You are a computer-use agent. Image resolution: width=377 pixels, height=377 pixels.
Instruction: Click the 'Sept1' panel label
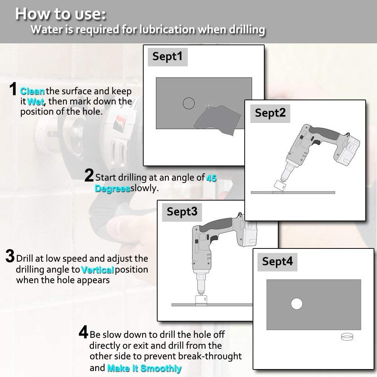click(x=167, y=57)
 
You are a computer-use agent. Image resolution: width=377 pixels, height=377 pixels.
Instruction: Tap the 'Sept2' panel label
click(x=270, y=113)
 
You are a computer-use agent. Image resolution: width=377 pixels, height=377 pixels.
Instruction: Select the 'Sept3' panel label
click(x=182, y=212)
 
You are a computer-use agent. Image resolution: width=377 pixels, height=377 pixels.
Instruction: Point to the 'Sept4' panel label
click(x=277, y=262)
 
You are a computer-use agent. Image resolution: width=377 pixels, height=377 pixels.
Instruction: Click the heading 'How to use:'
click(x=61, y=14)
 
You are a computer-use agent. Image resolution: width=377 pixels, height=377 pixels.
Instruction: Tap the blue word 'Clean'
click(x=32, y=91)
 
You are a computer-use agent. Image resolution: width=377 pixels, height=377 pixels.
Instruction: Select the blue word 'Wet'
click(x=35, y=102)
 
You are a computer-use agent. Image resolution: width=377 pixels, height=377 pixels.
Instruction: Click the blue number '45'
click(x=211, y=178)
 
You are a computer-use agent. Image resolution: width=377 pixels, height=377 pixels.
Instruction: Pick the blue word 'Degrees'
click(x=112, y=188)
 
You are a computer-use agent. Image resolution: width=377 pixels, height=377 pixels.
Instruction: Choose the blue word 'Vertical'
click(x=97, y=270)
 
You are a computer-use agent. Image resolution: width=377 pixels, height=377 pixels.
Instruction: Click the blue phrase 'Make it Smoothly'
click(x=144, y=368)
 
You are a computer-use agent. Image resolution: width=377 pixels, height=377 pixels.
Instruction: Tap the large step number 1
click(x=13, y=89)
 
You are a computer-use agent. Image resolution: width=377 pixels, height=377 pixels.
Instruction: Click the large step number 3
click(x=10, y=256)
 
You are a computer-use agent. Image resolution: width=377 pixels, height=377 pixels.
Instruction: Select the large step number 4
click(x=83, y=332)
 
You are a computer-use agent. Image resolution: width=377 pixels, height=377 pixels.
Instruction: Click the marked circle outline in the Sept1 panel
click(x=189, y=98)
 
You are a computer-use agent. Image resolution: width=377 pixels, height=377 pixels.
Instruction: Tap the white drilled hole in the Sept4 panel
click(x=297, y=303)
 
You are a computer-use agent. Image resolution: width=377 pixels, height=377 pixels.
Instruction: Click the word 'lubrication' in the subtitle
click(x=167, y=29)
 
